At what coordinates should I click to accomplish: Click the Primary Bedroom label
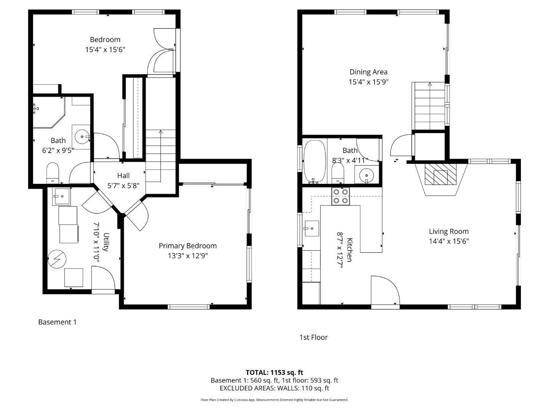pyautogui.click(x=188, y=246)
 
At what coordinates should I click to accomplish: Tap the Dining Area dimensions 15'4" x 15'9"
pyautogui.click(x=368, y=82)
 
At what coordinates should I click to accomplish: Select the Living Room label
pyautogui.click(x=449, y=231)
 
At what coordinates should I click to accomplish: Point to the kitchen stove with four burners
pyautogui.click(x=340, y=196)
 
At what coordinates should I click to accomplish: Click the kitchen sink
pyautogui.click(x=311, y=228)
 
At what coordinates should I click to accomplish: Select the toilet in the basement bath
pyautogui.click(x=53, y=173)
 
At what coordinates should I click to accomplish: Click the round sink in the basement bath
pyautogui.click(x=81, y=136)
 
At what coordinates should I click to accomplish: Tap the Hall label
pyautogui.click(x=123, y=176)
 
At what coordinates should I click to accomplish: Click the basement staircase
pyautogui.click(x=161, y=156)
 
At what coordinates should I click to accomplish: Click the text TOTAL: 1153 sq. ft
pyautogui.click(x=274, y=373)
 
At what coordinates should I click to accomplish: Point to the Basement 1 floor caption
pyautogui.click(x=57, y=322)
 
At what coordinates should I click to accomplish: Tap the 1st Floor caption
pyautogui.click(x=313, y=337)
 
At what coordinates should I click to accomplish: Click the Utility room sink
pyautogui.click(x=61, y=196)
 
